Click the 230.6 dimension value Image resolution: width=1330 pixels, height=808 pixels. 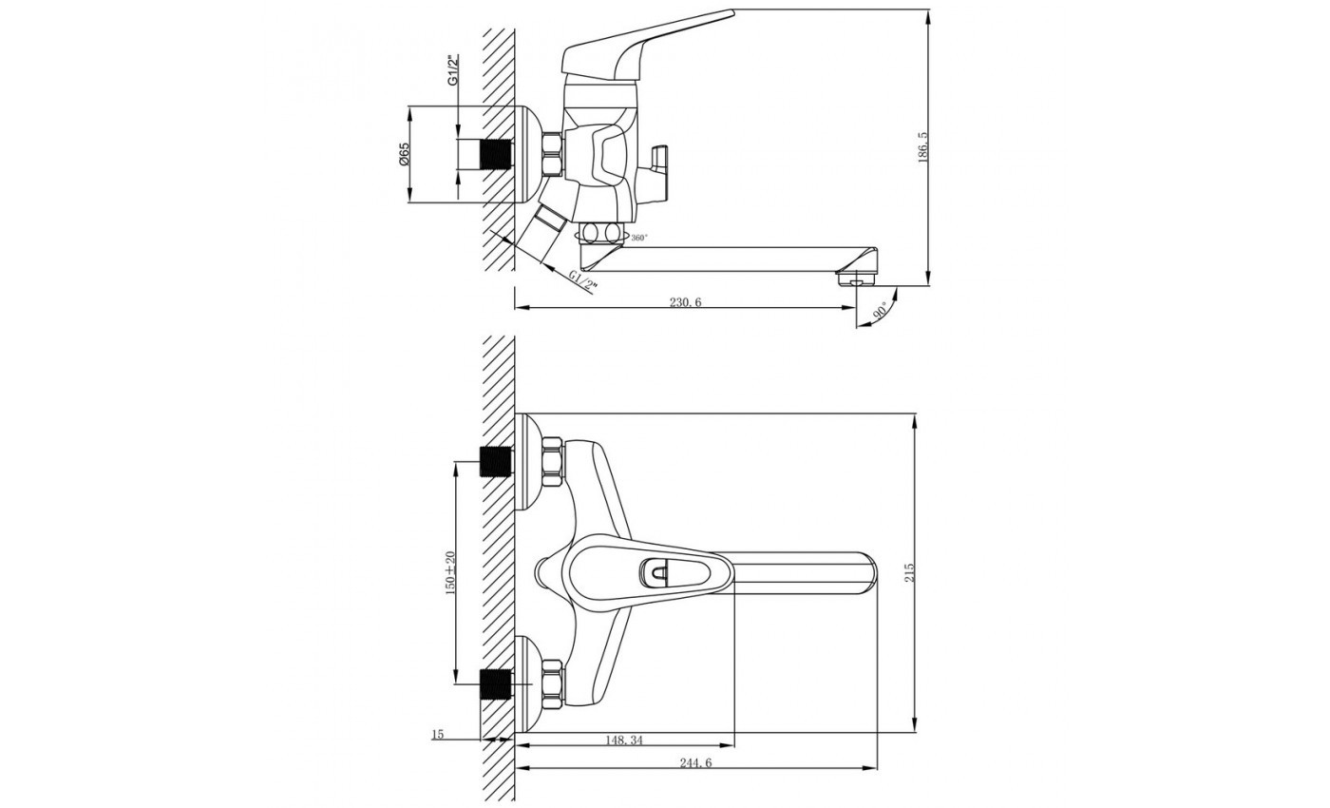tap(685, 302)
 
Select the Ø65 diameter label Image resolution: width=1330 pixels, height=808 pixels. tap(404, 154)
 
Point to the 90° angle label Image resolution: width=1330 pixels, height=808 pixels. tap(882, 311)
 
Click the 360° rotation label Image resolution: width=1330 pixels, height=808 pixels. tap(639, 238)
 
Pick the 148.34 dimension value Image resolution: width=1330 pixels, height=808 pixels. tap(623, 740)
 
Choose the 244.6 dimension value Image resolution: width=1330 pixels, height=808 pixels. tap(695, 763)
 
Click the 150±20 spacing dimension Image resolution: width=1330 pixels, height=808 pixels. tap(450, 572)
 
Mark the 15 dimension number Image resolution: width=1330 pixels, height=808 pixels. tap(438, 734)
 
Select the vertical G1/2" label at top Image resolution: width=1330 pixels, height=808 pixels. tap(453, 72)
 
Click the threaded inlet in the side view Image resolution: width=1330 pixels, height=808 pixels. tap(497, 154)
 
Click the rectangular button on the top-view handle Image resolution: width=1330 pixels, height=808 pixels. tap(655, 572)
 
